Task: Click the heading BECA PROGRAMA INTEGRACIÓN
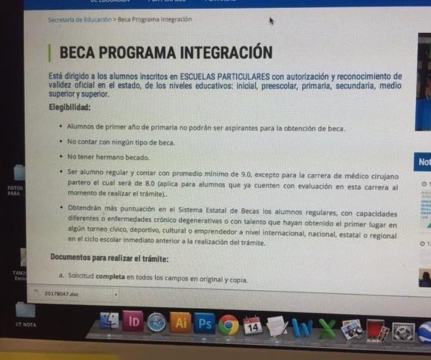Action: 166,52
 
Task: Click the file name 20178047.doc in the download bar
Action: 63,293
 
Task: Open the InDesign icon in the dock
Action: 135,321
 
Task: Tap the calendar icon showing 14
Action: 252,325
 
